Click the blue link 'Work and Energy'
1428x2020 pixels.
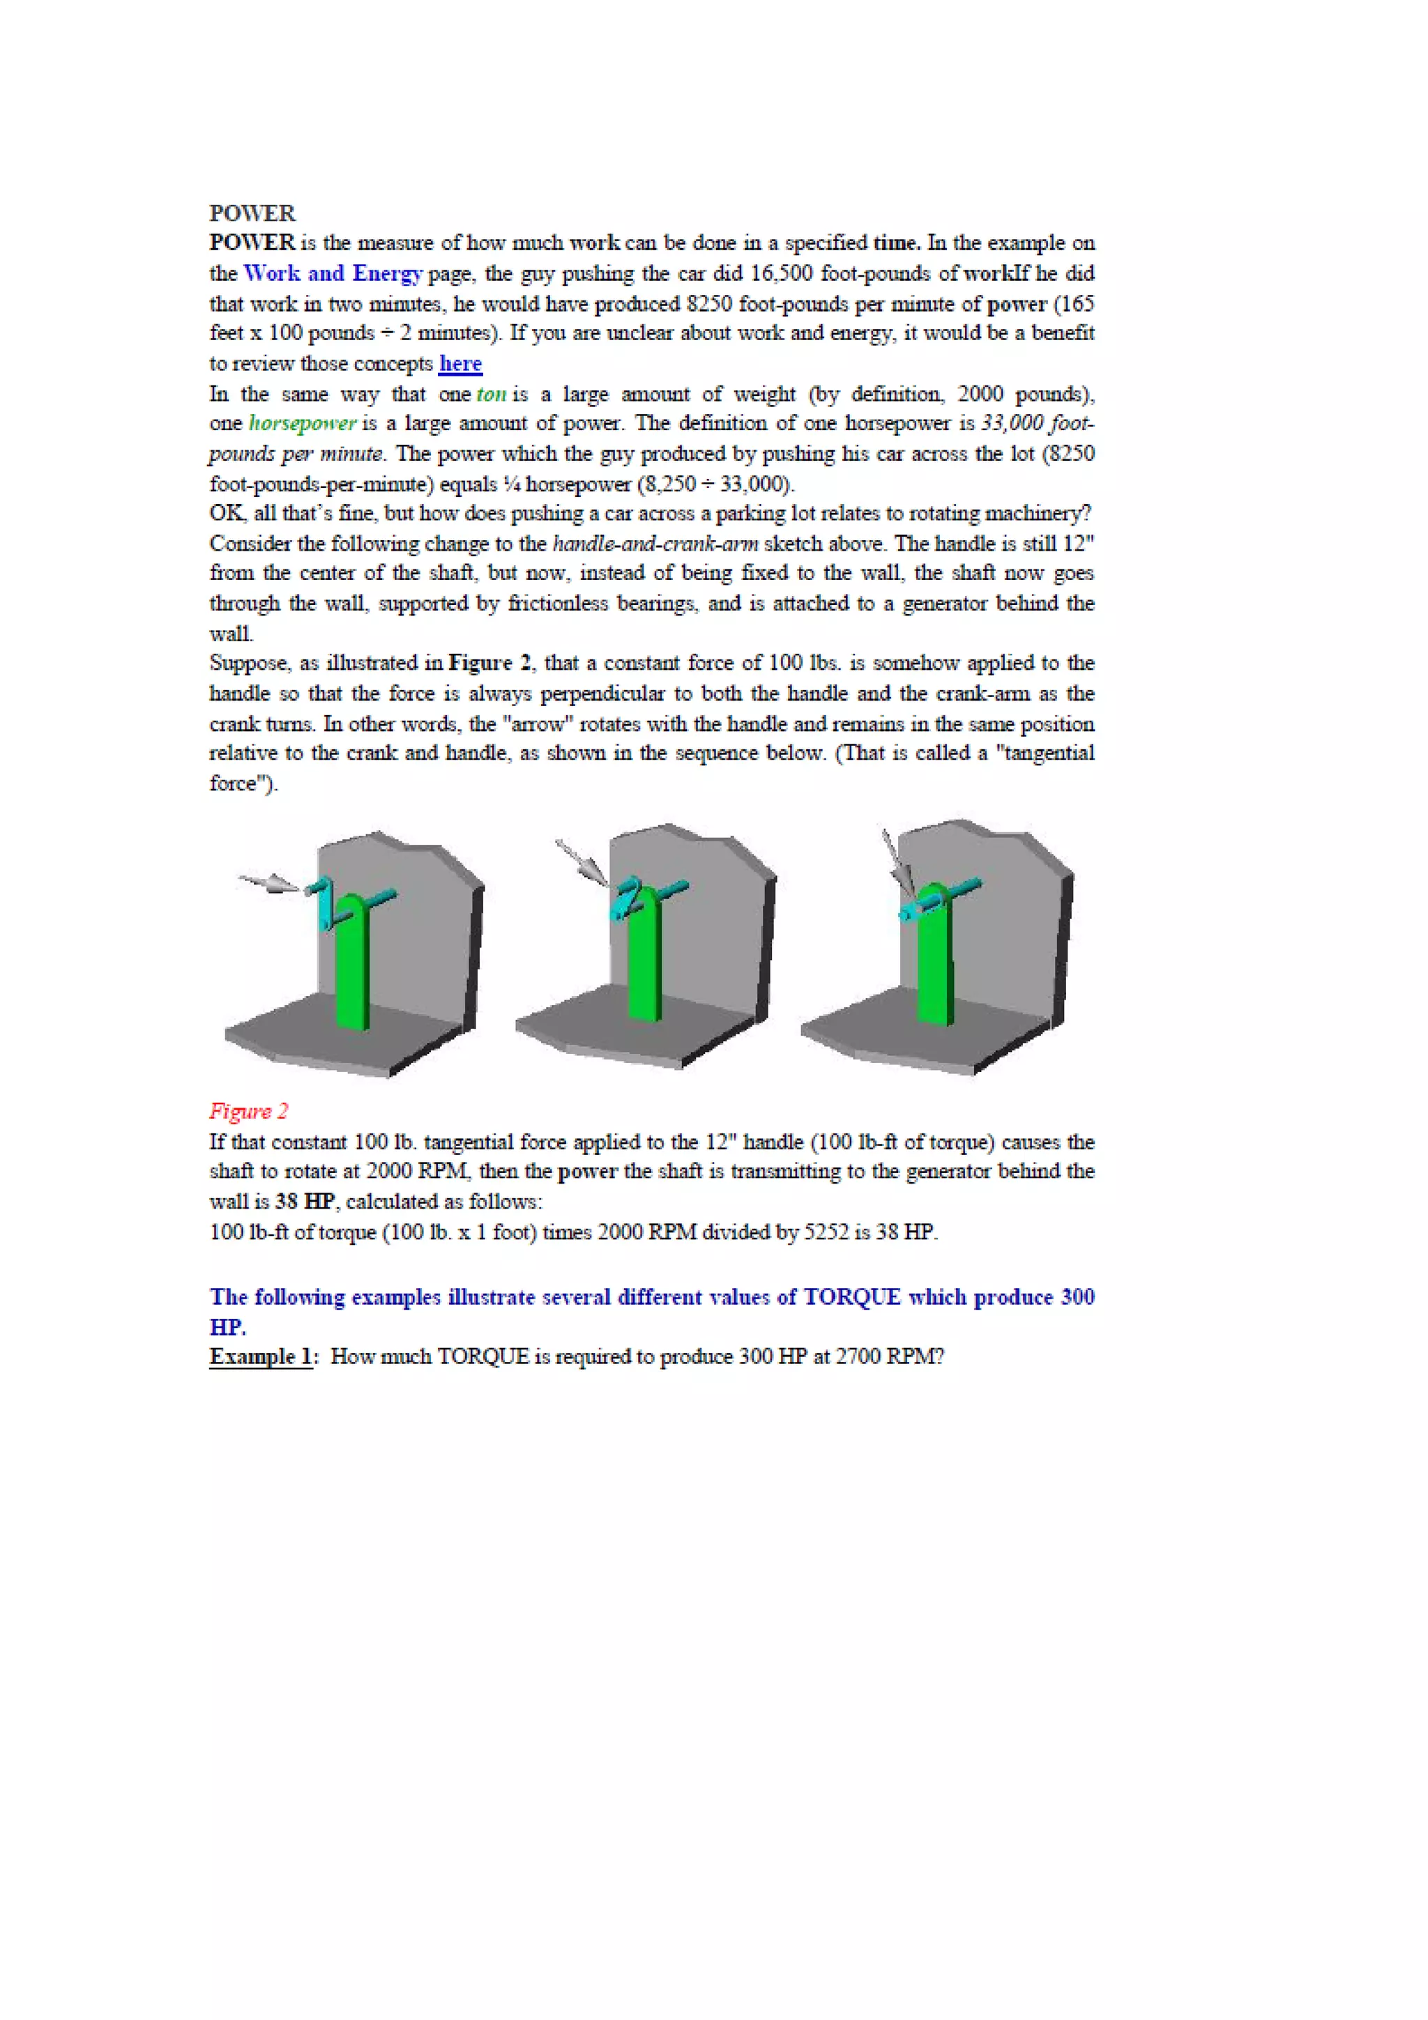[333, 274]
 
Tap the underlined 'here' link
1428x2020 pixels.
[460, 363]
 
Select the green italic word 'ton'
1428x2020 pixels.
[491, 394]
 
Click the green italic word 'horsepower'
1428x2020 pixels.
[303, 423]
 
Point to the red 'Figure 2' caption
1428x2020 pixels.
[249, 1111]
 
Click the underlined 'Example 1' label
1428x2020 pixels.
[261, 1356]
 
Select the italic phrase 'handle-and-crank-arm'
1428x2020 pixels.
[655, 544]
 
